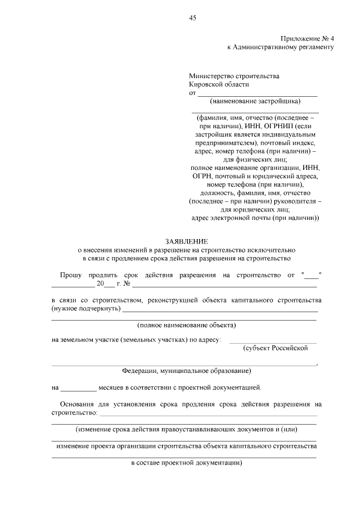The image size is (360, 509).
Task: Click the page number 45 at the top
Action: (192, 18)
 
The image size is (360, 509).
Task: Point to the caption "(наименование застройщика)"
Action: (255, 102)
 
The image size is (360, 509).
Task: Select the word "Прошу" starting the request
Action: (70, 275)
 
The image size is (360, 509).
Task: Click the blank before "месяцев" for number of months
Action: (78, 388)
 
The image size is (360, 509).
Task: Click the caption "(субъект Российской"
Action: (276, 348)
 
